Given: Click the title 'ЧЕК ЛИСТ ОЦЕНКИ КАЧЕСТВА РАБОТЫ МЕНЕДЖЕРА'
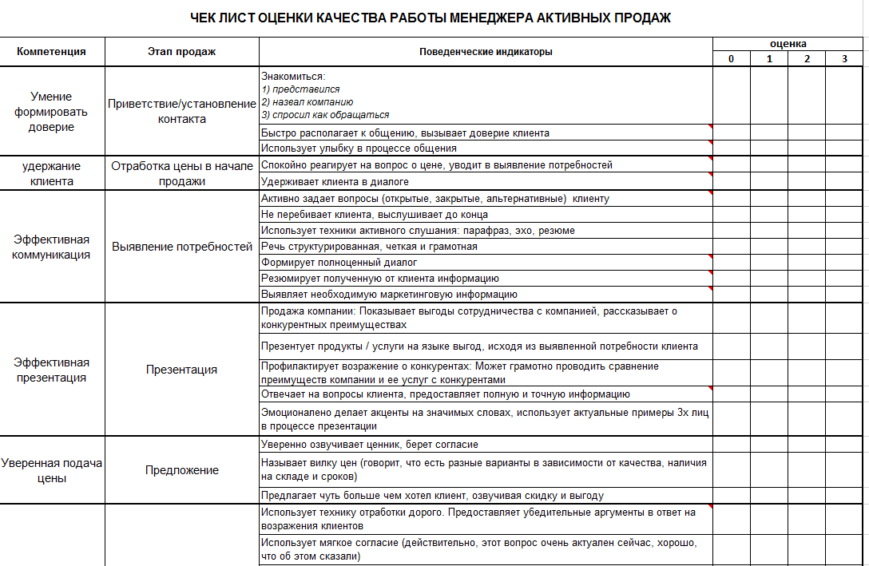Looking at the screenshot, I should [431, 18].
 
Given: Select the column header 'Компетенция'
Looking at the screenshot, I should [52, 52].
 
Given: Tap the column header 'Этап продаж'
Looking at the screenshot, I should [181, 52].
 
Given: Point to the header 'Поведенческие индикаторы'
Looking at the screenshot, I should [486, 52].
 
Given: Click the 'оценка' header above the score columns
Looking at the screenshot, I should [788, 44].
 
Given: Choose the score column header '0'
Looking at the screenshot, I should [731, 59].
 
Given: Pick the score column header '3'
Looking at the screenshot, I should [844, 59].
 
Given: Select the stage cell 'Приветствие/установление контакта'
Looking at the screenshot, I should [181, 112].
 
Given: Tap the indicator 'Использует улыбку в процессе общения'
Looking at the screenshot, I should [359, 148].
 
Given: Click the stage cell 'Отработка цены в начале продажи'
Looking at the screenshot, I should [181, 173].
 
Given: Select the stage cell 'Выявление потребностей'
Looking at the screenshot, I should [181, 247].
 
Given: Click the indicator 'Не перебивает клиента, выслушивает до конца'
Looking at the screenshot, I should [375, 214].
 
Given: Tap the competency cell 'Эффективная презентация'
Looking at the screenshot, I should [52, 370].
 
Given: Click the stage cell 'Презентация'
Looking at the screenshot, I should [181, 370].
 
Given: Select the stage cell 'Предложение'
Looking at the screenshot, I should [181, 470].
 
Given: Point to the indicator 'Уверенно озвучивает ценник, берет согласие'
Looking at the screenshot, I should [370, 444].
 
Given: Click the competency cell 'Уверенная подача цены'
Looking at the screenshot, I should [52, 470].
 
